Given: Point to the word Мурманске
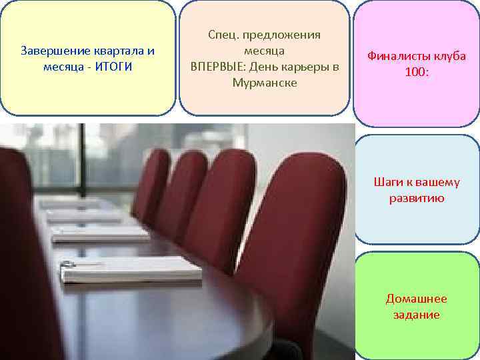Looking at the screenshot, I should pos(265,83).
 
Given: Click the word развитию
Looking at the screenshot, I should pos(416,198).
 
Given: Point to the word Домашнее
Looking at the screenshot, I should pos(416,299).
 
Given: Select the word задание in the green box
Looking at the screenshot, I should pos(416,315).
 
